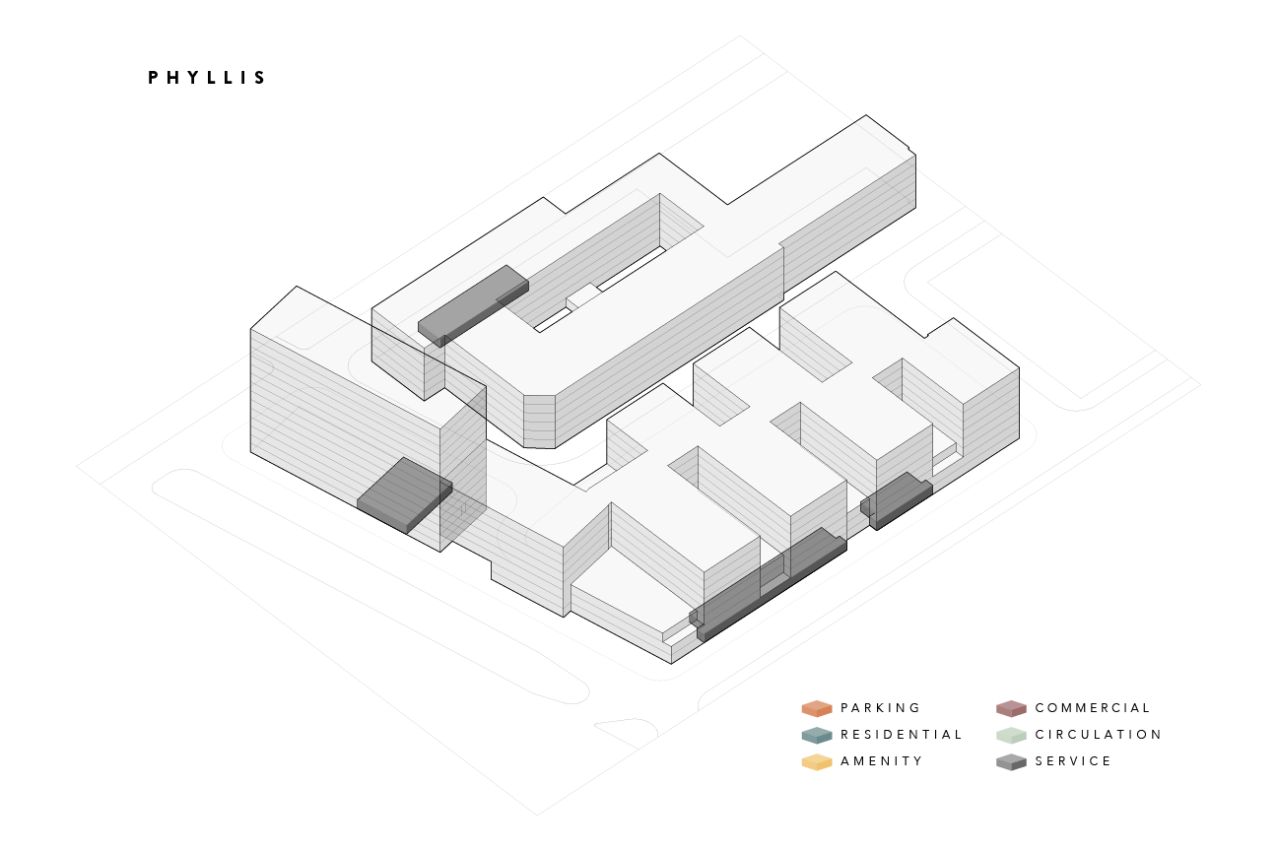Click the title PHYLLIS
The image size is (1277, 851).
[x=207, y=78]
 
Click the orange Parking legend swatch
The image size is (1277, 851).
[x=817, y=708]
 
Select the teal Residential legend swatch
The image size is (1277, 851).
[x=817, y=735]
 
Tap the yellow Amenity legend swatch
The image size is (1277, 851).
[x=817, y=761]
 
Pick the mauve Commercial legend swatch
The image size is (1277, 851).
[x=1011, y=708]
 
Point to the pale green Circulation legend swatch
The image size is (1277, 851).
[x=1011, y=735]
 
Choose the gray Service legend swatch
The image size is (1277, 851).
[x=1011, y=761]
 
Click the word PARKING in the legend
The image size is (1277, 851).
[x=880, y=708]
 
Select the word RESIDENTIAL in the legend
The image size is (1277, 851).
[x=901, y=735]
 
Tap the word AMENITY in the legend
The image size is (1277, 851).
[x=881, y=761]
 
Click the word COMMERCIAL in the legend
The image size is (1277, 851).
[x=1092, y=708]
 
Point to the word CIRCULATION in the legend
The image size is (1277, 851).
[x=1098, y=735]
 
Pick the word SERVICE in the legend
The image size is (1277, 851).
[x=1073, y=761]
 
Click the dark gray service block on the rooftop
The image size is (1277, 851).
[x=472, y=303]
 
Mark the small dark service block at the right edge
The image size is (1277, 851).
[x=897, y=499]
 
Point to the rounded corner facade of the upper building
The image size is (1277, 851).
[x=539, y=422]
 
